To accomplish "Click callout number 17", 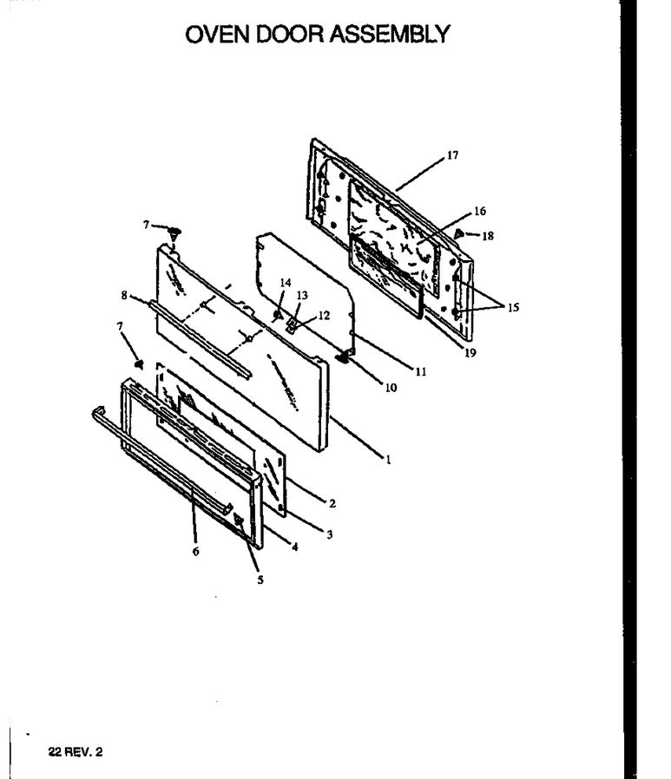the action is click(452, 155).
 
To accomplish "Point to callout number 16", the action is click(480, 211).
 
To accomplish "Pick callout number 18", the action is click(488, 236).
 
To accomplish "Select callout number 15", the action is click(513, 308).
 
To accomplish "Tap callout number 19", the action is click(470, 353).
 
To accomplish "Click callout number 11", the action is click(421, 371).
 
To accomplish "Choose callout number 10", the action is click(391, 388).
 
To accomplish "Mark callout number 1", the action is click(389, 460).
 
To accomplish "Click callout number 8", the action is click(124, 296).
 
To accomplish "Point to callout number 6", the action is click(196, 552).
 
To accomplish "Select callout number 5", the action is click(260, 580).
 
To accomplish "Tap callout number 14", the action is click(286, 283).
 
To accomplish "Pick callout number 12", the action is click(324, 316).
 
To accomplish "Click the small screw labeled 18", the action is click(459, 232).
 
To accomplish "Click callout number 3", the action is click(330, 535).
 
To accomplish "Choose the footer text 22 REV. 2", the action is click(76, 752).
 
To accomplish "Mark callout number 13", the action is click(302, 296).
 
